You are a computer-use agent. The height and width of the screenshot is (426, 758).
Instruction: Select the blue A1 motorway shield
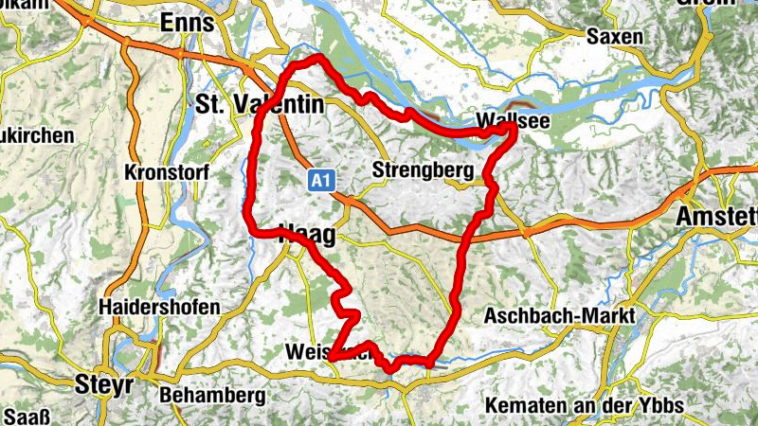[x=320, y=180]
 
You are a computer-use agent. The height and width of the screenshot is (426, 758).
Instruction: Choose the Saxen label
[x=615, y=37]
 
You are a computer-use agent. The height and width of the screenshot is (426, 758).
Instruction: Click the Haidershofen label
[x=159, y=308]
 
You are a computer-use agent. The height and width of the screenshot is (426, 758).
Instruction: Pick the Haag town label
[x=305, y=240]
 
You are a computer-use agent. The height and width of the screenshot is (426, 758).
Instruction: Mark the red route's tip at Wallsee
[x=513, y=124]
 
